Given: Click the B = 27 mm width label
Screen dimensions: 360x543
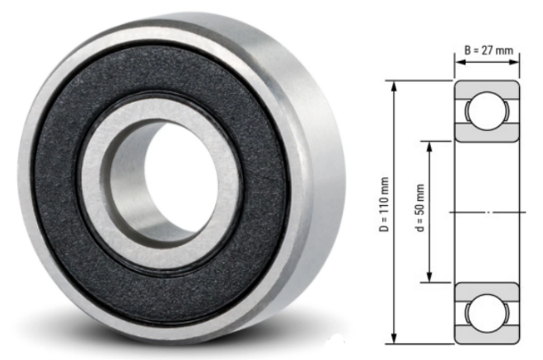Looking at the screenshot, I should point(489,50).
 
